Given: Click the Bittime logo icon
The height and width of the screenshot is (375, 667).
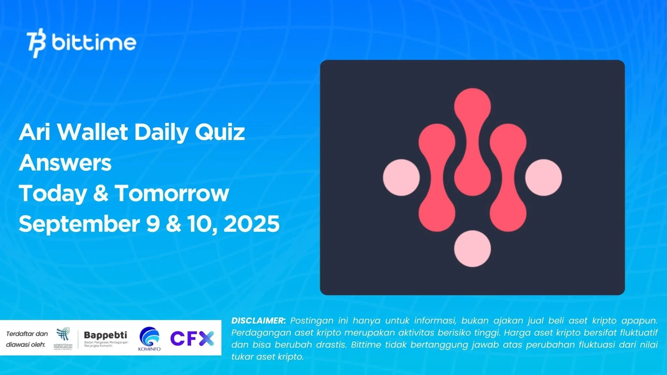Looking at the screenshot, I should (36, 43).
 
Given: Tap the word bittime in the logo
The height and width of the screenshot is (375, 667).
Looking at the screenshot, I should (94, 43).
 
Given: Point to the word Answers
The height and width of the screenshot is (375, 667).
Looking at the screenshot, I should (65, 163).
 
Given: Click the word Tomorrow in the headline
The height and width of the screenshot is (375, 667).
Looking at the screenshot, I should (172, 193).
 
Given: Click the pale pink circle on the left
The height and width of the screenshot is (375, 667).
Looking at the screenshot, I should (401, 177).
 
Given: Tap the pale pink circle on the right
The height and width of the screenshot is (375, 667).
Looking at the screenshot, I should (544, 177).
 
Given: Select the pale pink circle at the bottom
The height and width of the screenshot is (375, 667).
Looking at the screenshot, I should (472, 249).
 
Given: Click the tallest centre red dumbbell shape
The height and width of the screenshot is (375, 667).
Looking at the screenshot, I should (472, 142).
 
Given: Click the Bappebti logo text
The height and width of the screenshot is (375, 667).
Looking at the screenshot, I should (106, 335).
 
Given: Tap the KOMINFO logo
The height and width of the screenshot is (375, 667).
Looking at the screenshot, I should (149, 339).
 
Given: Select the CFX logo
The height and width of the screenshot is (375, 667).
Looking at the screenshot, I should (192, 338).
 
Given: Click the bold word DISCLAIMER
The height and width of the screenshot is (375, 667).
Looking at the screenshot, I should (258, 321).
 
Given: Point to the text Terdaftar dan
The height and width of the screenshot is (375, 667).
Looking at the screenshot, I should (27, 334).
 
